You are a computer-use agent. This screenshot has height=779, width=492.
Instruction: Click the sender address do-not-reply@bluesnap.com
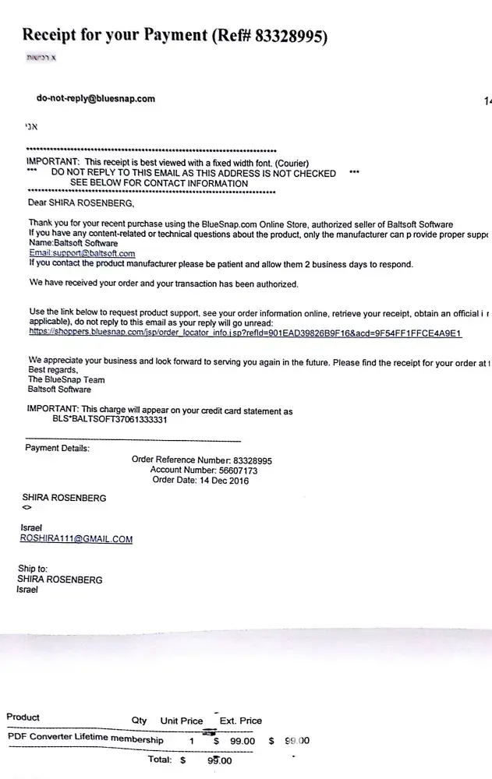96,99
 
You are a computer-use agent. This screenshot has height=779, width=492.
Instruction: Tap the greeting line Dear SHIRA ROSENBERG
80,204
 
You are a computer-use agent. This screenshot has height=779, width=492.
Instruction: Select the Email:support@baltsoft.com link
82,253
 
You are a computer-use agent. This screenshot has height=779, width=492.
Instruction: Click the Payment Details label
58,448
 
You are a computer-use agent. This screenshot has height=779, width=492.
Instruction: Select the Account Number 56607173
204,471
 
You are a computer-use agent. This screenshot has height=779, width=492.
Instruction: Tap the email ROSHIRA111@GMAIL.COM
76,539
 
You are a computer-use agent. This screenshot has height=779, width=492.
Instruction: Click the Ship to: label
33,569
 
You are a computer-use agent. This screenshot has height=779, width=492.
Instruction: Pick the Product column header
23,717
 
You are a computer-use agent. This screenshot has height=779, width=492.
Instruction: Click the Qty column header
140,721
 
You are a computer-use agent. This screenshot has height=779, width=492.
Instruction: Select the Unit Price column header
181,721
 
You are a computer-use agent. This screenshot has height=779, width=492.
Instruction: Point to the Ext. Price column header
240,721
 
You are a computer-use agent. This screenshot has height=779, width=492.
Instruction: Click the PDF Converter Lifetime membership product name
86,738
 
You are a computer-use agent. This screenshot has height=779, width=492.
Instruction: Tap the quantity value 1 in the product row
191,741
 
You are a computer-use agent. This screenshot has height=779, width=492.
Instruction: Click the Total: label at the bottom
161,759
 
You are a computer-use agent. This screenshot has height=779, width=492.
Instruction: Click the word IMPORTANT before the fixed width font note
52,160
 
